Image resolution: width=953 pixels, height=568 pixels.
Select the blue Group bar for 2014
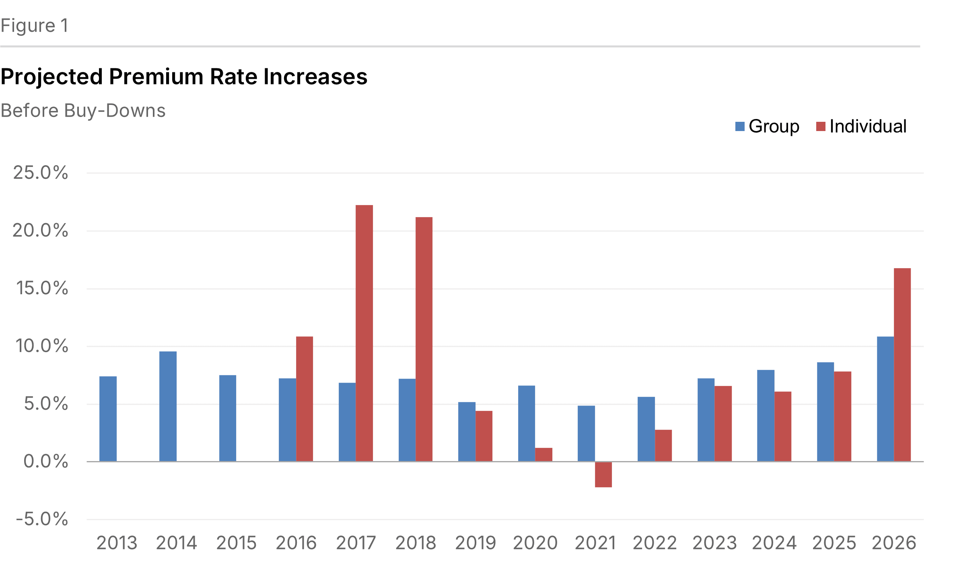coord(168,406)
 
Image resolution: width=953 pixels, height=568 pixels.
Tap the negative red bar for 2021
coord(603,474)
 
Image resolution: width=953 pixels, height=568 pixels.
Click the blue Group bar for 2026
coord(885,399)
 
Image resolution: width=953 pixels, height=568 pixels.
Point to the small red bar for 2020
coord(543,454)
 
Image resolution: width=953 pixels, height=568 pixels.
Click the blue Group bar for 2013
coord(108,418)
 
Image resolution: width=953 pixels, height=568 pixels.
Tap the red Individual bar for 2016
coord(305,399)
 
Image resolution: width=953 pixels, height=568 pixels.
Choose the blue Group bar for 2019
coord(467,431)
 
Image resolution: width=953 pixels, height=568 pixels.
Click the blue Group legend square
coord(740,126)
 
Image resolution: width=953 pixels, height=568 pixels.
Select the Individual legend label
coord(868,126)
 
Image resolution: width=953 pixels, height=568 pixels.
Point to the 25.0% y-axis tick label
coord(41,173)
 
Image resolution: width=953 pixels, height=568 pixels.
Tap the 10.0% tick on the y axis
coord(41,346)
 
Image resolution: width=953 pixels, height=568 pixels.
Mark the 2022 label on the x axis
coord(655,543)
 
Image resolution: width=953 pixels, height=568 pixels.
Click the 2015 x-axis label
coord(236,543)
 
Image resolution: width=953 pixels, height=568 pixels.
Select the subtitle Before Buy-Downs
coord(83,111)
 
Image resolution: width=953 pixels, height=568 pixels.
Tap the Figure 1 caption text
coord(35,26)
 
